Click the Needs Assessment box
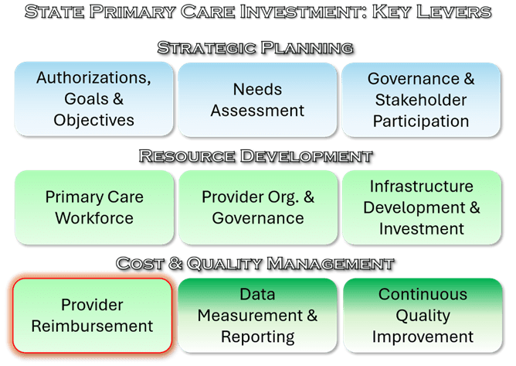(x=258, y=100)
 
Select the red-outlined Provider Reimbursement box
(x=93, y=316)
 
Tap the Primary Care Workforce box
(x=94, y=207)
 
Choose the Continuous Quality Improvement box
(x=423, y=316)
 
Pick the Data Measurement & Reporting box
(x=258, y=316)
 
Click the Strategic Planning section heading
(x=256, y=48)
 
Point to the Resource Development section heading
(x=256, y=156)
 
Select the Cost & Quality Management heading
(x=255, y=264)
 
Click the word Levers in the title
(x=454, y=12)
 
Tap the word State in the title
(x=55, y=12)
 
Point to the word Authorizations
(x=93, y=78)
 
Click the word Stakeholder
(x=421, y=100)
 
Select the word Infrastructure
(x=422, y=186)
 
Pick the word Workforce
(x=94, y=218)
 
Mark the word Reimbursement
(x=92, y=326)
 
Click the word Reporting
(x=258, y=337)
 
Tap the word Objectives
(x=93, y=120)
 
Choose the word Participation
(x=421, y=121)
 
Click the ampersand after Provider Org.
(x=309, y=197)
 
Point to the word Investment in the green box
(x=422, y=228)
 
